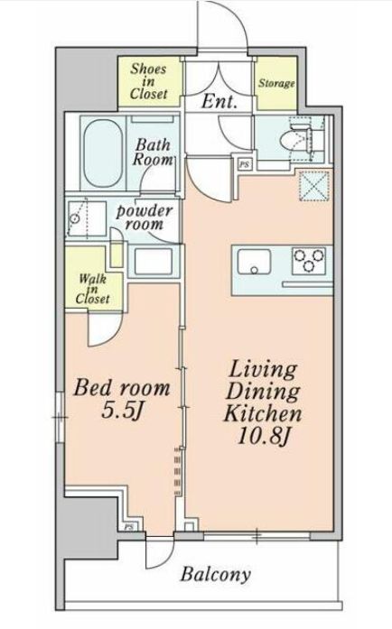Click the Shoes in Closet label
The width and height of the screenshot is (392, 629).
(148, 81)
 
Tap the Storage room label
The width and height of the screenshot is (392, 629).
(276, 83)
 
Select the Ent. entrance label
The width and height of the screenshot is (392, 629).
(219, 101)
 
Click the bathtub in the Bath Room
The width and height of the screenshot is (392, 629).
(103, 153)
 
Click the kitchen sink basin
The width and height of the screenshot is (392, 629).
(254, 262)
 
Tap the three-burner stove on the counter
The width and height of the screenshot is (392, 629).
(309, 261)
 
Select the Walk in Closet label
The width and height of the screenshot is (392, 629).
(92, 289)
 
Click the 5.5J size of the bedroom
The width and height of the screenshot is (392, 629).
(123, 411)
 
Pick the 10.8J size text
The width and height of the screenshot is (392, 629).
(264, 436)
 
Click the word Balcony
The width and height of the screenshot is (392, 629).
(216, 575)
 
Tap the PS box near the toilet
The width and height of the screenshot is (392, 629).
(243, 164)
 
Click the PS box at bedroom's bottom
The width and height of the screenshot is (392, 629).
(128, 527)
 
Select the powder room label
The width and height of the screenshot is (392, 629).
(145, 217)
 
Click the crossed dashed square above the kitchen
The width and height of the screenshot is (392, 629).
(316, 186)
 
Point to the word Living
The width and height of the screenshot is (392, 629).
(263, 371)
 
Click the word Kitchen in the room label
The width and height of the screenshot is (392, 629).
(263, 414)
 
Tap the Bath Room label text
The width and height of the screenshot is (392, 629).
(153, 153)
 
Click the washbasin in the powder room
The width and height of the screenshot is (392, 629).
(154, 262)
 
